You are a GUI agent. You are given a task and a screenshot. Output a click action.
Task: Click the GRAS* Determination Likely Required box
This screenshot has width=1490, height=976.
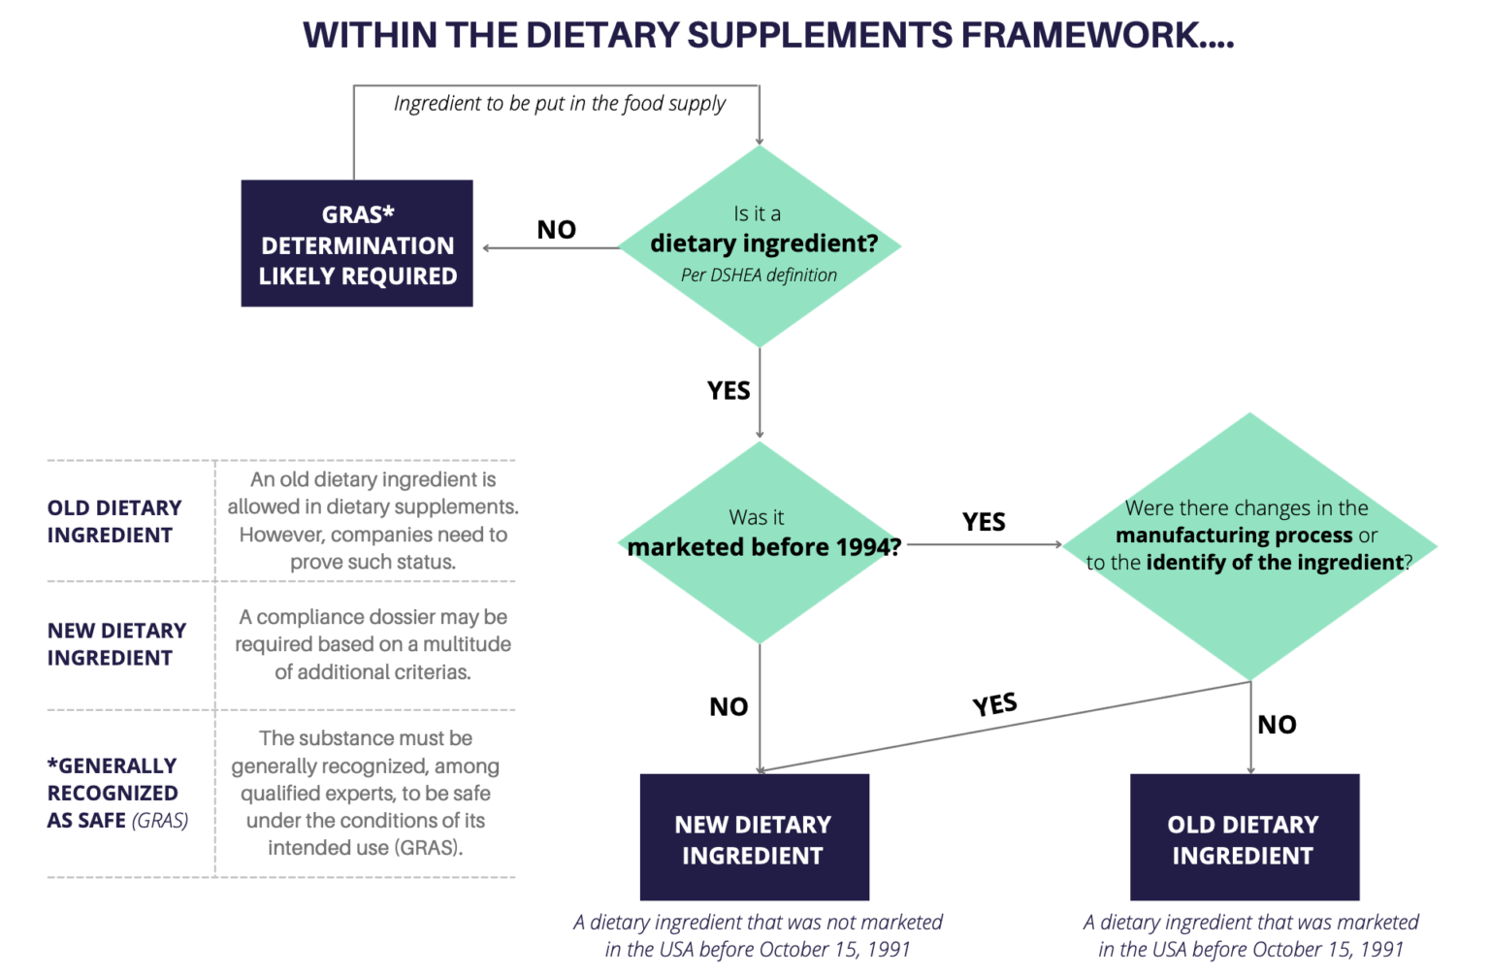(357, 244)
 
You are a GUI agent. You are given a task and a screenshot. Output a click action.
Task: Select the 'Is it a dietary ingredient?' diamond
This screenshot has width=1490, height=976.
(760, 245)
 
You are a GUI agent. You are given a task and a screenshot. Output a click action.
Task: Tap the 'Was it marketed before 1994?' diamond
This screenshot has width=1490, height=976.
(760, 542)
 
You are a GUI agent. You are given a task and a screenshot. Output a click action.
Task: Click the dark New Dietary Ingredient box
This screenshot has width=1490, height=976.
(754, 838)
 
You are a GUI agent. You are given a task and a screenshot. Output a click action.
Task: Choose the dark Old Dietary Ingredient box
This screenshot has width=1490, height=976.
(1244, 838)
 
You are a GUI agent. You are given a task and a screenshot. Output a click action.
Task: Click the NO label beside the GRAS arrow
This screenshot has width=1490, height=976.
(557, 230)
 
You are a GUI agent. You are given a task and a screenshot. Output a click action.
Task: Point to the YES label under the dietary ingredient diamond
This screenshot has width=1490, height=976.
(729, 391)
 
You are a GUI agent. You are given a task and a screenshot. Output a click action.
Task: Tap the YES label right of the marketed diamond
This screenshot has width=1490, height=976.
(984, 522)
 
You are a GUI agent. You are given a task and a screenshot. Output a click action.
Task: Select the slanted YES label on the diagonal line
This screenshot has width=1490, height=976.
(995, 704)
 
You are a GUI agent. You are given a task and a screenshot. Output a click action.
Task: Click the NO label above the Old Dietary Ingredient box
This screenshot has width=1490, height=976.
(1277, 725)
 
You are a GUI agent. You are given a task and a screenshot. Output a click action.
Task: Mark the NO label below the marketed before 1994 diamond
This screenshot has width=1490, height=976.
(729, 707)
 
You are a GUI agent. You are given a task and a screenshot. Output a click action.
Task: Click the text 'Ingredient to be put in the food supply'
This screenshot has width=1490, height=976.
(560, 104)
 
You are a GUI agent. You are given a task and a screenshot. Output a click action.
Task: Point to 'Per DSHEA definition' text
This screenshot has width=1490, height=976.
(759, 276)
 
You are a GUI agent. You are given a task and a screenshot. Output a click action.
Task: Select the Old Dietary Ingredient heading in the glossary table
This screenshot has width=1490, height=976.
(114, 522)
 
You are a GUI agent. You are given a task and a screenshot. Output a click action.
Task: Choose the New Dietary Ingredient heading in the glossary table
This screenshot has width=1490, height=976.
(116, 644)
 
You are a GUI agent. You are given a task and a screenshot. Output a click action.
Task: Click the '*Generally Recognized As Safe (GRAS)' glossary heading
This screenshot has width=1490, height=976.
(117, 793)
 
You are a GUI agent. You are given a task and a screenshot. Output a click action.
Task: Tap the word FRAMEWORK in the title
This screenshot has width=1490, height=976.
(1083, 35)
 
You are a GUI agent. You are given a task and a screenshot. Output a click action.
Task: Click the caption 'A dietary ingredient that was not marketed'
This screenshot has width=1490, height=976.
(758, 922)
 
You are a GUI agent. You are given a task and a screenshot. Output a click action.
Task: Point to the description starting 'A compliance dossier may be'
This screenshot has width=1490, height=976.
(373, 644)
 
